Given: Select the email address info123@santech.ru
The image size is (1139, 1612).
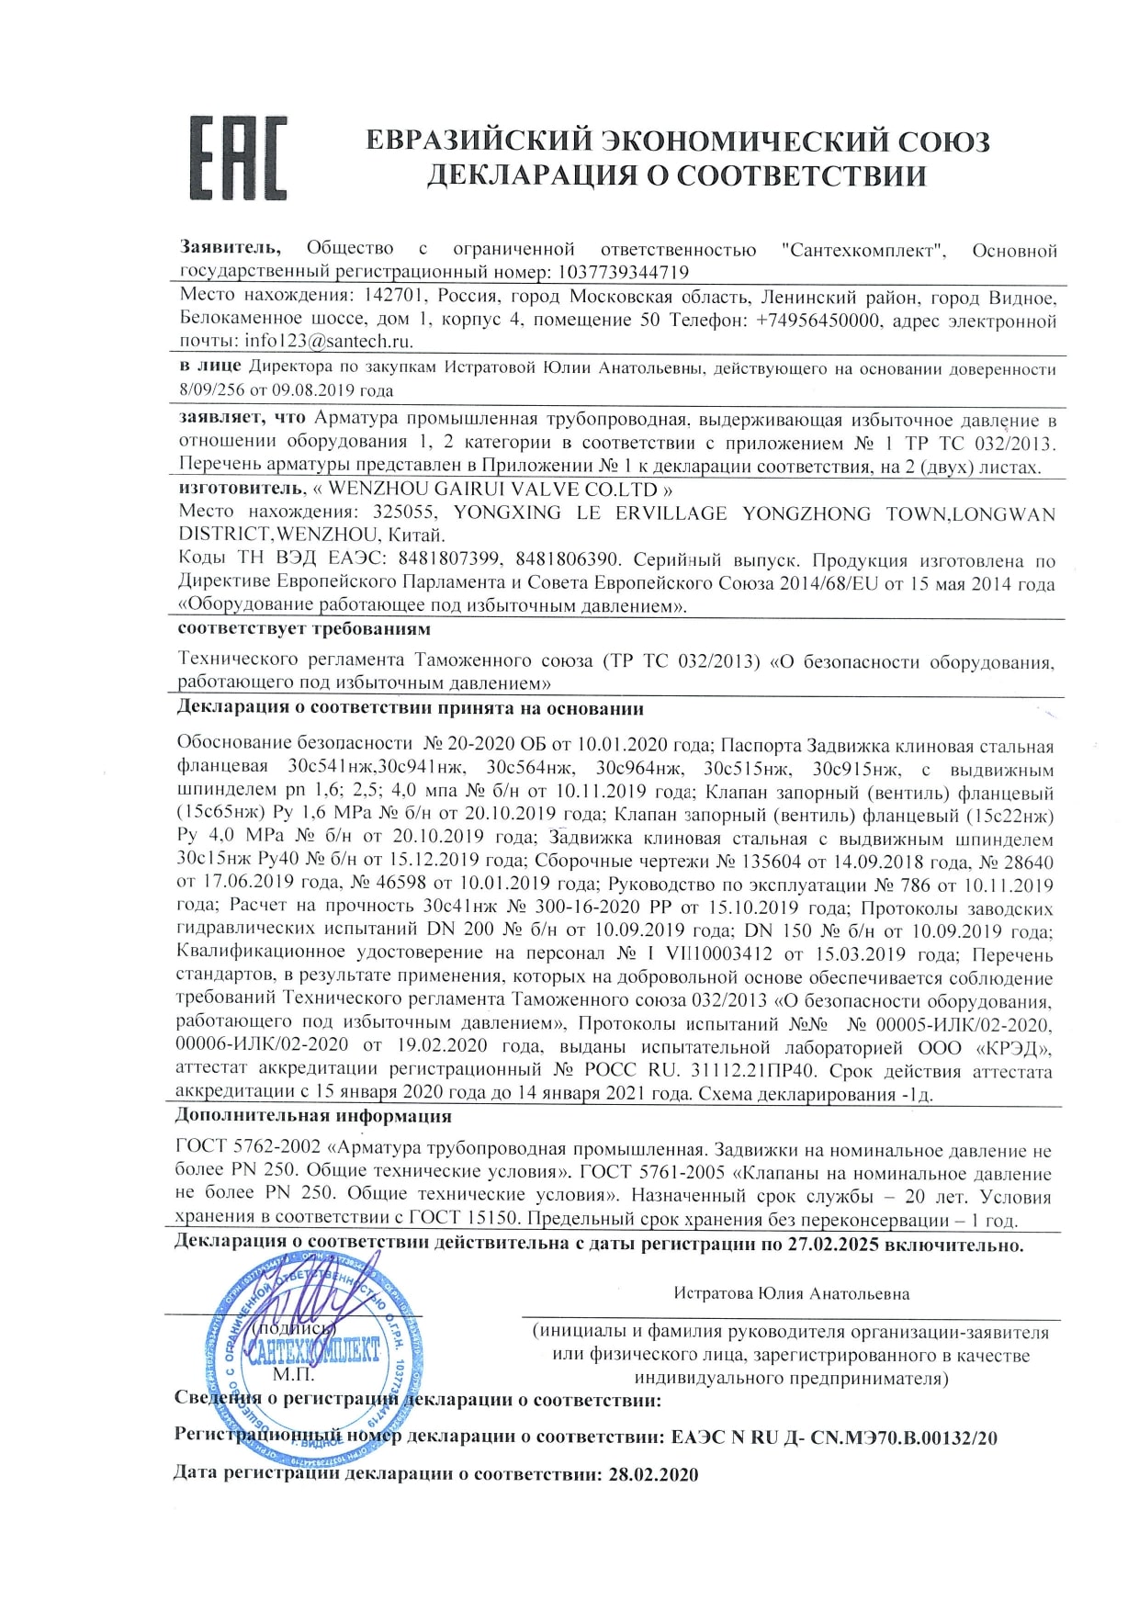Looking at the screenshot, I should [x=329, y=341].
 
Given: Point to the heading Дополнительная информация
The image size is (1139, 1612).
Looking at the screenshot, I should [x=313, y=1117].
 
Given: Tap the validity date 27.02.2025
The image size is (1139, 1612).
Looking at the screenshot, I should [x=833, y=1246].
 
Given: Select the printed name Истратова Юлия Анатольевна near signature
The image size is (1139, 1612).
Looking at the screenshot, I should [x=791, y=1293].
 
